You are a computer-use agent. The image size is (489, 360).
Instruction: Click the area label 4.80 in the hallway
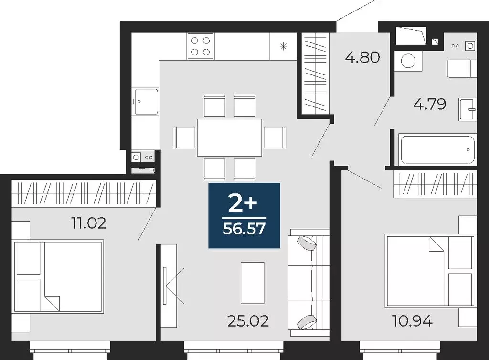point(362,58)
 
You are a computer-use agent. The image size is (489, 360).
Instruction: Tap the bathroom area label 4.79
point(430,104)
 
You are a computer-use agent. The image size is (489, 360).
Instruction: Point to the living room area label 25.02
point(248,321)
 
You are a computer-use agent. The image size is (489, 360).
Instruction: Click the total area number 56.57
point(244,230)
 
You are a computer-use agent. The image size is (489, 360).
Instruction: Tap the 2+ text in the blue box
point(243,204)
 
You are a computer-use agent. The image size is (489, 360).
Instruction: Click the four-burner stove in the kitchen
point(201,46)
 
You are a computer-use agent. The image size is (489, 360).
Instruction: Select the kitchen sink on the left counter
point(146,101)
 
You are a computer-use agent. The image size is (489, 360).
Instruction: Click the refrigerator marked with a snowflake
point(283,46)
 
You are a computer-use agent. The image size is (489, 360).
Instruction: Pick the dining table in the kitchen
point(230,137)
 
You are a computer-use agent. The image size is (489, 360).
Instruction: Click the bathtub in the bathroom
point(437,149)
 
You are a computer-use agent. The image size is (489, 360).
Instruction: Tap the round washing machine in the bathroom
point(408,61)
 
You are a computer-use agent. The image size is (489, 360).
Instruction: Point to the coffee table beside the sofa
point(252,283)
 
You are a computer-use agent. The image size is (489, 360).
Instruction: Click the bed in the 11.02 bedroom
point(59,276)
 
